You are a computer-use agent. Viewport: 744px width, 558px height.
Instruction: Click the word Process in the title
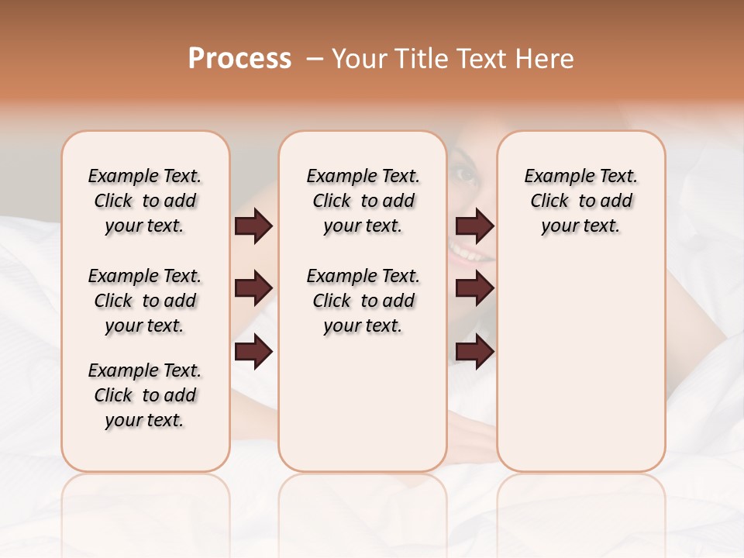click(239, 59)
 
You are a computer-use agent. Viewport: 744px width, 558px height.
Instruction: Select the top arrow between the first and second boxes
click(253, 226)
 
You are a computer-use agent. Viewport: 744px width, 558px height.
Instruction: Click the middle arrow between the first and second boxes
click(253, 289)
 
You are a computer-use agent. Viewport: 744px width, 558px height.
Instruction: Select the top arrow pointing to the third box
click(474, 226)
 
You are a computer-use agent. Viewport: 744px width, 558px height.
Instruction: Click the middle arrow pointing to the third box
click(474, 289)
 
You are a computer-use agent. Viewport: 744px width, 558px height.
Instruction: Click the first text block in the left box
click(145, 201)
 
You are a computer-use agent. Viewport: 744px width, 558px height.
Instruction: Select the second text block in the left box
click(145, 301)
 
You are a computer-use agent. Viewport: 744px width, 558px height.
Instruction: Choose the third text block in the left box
click(145, 395)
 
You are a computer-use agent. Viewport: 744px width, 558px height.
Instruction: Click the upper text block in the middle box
click(363, 201)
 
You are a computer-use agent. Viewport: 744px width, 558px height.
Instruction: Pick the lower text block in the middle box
click(363, 301)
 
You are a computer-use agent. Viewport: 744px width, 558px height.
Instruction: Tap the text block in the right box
click(580, 201)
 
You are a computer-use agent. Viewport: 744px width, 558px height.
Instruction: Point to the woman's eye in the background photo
click(467, 174)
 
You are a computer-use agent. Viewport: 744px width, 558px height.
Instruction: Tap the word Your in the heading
click(360, 59)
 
